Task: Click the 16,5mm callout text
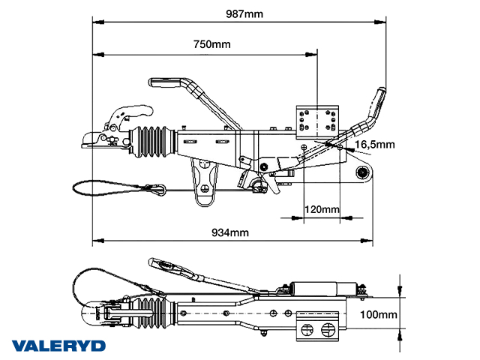[x=374, y=144]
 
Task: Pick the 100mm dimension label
[x=378, y=314]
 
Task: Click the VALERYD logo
[x=59, y=346]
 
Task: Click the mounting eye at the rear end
[x=363, y=173]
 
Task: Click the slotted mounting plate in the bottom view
[x=319, y=327]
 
